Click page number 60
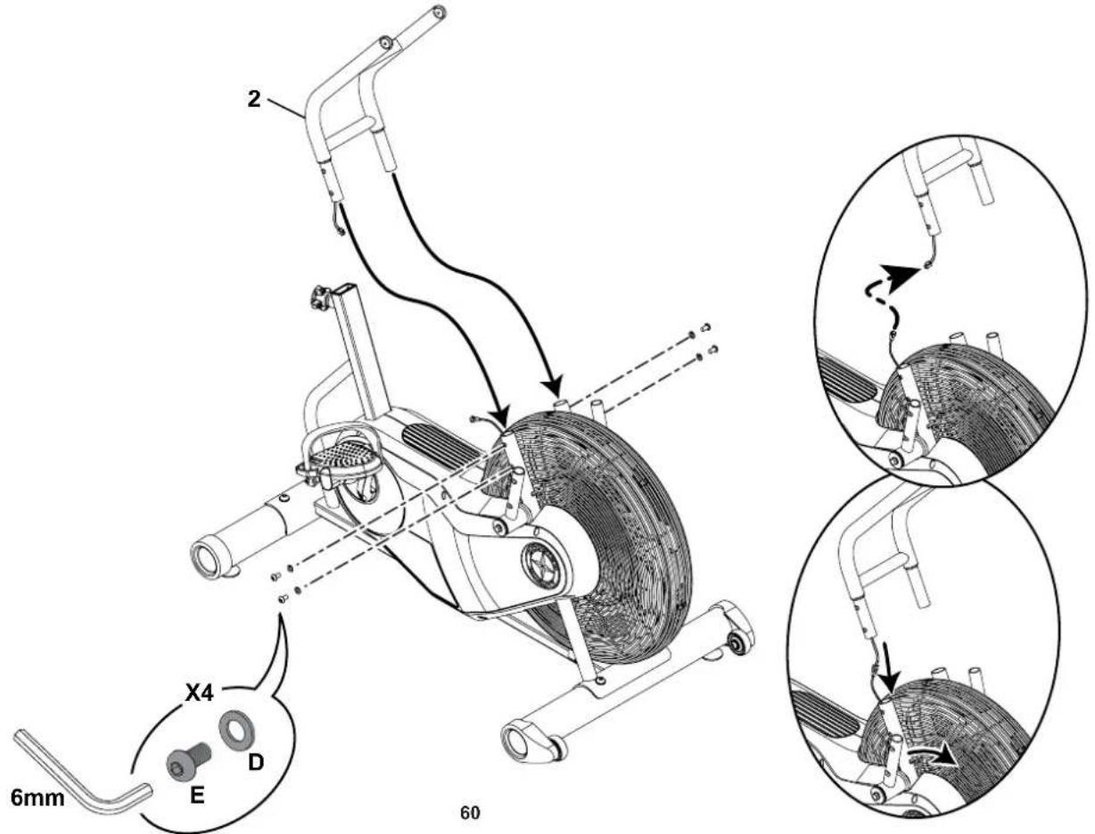[x=469, y=813]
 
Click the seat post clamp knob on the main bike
[x=318, y=297]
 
